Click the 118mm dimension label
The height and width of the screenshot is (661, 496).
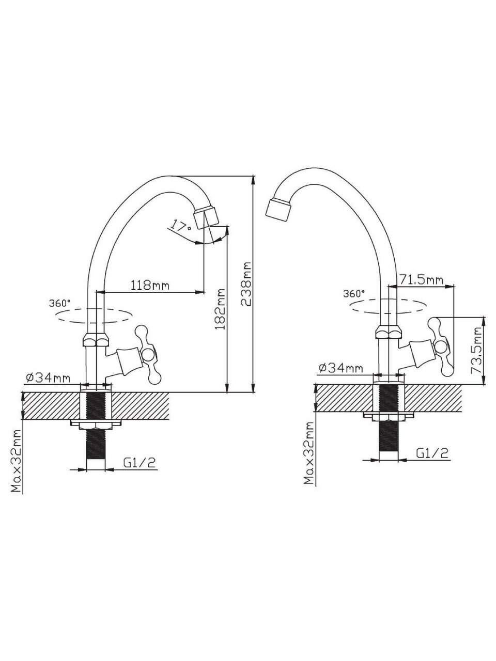pos(150,285)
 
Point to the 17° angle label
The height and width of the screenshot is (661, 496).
pos(180,225)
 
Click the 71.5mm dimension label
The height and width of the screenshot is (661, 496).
pos(421,280)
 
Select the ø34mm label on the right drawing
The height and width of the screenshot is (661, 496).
pos(340,368)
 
